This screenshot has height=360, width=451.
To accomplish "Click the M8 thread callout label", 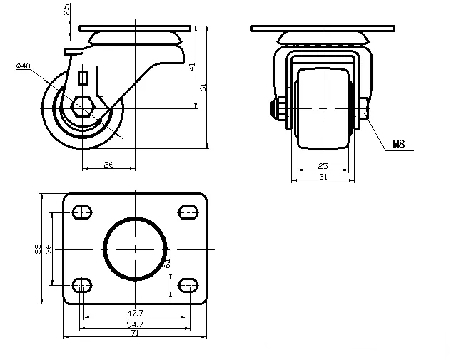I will coord(399,145).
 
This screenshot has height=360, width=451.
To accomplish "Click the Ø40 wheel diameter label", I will coord(23,66).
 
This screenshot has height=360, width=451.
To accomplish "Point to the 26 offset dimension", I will coord(108,164).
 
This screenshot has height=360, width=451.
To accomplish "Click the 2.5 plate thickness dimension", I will coord(67,10).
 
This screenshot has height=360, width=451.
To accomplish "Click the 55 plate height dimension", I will coord(37,248).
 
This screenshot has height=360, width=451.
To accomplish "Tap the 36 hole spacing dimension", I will coord(49,248).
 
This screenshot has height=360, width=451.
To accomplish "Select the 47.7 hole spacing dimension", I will coord(135,312).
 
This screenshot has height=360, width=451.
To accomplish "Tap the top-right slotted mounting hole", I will coord(188,211).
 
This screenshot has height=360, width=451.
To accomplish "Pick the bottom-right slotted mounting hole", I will coord(188,286).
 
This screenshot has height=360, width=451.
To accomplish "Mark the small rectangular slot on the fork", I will coord(83,77).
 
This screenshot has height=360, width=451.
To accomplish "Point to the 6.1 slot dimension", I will coord(167,264).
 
